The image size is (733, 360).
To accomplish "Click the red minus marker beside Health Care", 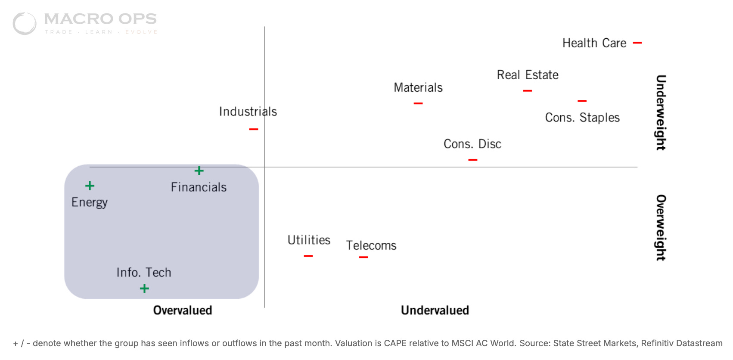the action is [x=637, y=43].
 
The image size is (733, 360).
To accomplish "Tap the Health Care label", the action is [x=594, y=43].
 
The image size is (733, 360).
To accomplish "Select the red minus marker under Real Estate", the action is [x=527, y=91].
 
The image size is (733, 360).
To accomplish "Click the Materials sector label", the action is [x=418, y=88].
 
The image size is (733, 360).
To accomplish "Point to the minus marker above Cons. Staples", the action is [x=582, y=101].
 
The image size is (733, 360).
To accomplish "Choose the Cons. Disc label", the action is [x=472, y=144].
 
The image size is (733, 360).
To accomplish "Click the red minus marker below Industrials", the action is [x=254, y=129].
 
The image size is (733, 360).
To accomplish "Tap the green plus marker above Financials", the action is [x=199, y=171].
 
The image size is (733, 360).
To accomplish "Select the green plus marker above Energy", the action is [x=90, y=186].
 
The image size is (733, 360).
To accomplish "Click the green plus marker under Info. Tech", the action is [x=144, y=289].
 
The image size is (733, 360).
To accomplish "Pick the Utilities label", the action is [x=309, y=240].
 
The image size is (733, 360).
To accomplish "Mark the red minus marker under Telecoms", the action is [x=363, y=257].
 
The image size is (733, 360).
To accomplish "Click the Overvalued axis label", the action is [x=183, y=310].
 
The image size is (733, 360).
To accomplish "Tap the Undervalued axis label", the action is [x=435, y=310].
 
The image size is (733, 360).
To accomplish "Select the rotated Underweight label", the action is [x=661, y=112].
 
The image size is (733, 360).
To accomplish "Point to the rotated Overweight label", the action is [x=661, y=228].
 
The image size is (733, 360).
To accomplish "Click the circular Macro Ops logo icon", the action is [x=25, y=23].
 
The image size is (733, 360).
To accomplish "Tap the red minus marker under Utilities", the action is [x=308, y=256].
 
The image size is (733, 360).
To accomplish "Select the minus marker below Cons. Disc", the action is [x=472, y=160].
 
